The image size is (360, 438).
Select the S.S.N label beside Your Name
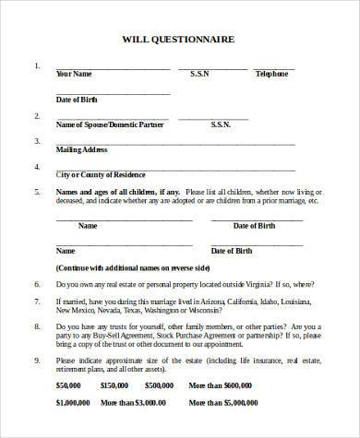(199, 73)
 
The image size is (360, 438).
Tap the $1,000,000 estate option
(72, 429)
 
